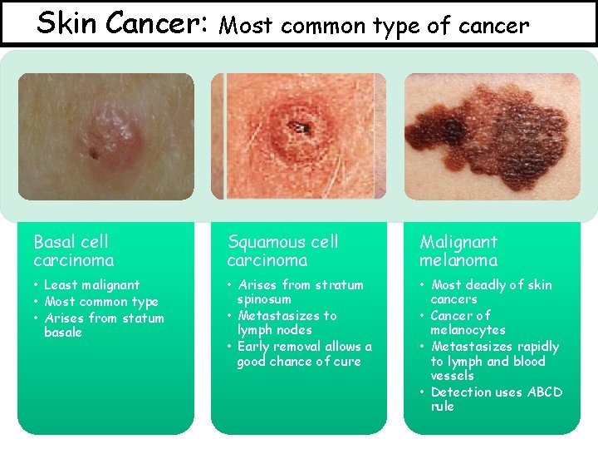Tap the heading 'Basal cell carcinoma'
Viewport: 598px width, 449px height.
(x=71, y=251)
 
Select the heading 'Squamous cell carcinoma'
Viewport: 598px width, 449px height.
(x=283, y=251)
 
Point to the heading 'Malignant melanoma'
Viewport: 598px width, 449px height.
(x=458, y=251)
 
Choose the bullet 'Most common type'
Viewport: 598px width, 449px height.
(x=100, y=302)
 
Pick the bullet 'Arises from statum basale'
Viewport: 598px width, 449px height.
(x=104, y=325)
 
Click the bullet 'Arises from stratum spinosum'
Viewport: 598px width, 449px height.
(x=300, y=292)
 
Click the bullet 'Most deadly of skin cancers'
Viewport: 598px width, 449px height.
(x=491, y=292)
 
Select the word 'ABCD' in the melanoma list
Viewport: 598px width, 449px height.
(x=544, y=392)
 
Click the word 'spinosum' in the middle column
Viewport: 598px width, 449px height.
(x=264, y=299)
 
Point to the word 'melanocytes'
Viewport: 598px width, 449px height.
(x=468, y=330)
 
